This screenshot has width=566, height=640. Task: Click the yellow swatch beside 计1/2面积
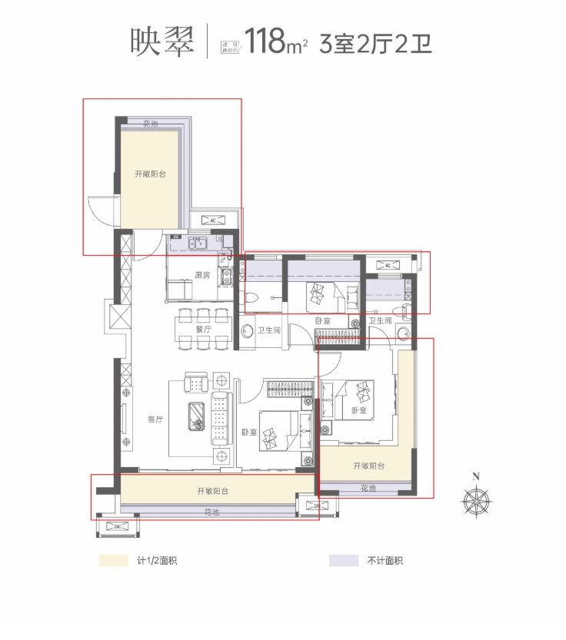(x=112, y=561)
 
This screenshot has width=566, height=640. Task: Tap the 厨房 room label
(x=202, y=275)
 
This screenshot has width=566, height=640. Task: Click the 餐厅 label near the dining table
(x=203, y=329)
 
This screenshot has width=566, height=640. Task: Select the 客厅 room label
(x=155, y=419)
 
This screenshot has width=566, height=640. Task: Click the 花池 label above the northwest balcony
(x=151, y=124)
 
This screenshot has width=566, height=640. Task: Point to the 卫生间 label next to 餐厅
(x=268, y=330)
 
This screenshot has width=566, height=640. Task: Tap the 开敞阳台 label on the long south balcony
(x=212, y=491)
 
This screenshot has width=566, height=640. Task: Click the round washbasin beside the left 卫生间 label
(x=248, y=331)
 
